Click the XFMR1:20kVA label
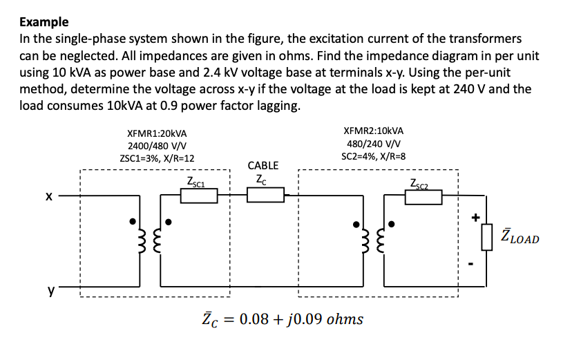[158, 133]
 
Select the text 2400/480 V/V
[158, 146]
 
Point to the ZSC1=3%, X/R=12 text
[158, 158]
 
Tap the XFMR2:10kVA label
[373, 131]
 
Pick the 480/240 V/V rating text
[373, 143]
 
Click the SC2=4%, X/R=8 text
[373, 155]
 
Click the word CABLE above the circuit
[263, 166]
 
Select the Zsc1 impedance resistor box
[199, 197]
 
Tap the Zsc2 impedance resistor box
[423, 197]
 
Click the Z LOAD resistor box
[487, 239]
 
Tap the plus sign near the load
[475, 217]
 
